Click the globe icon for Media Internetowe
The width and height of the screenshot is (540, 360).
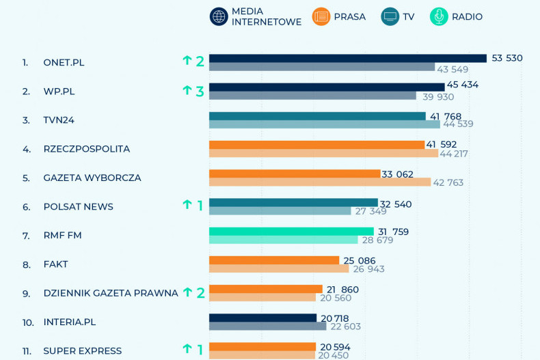(x=219, y=16)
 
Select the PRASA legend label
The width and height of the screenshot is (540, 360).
(x=349, y=16)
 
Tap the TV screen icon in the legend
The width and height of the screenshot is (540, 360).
(x=390, y=16)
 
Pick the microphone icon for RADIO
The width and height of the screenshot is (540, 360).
(x=439, y=16)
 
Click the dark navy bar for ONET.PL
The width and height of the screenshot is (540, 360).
(x=347, y=58)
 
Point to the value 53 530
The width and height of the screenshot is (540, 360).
(x=507, y=58)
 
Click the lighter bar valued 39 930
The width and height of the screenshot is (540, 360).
(x=312, y=96)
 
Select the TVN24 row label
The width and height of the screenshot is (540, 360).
(x=59, y=120)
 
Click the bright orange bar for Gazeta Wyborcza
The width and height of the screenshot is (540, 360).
(x=294, y=174)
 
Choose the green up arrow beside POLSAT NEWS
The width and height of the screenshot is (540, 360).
(x=187, y=204)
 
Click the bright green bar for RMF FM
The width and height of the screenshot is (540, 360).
(x=291, y=231)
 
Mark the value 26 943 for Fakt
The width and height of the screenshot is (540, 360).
(x=368, y=269)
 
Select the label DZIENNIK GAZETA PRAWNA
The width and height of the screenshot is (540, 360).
(x=110, y=293)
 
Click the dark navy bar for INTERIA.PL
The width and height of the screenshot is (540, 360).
(x=262, y=318)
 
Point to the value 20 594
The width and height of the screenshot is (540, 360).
(x=335, y=347)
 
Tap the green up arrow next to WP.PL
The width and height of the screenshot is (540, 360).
(x=187, y=89)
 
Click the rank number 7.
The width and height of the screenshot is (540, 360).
(x=26, y=236)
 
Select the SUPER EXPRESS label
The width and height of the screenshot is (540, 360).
(x=82, y=351)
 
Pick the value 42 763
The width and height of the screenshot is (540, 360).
(x=448, y=182)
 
